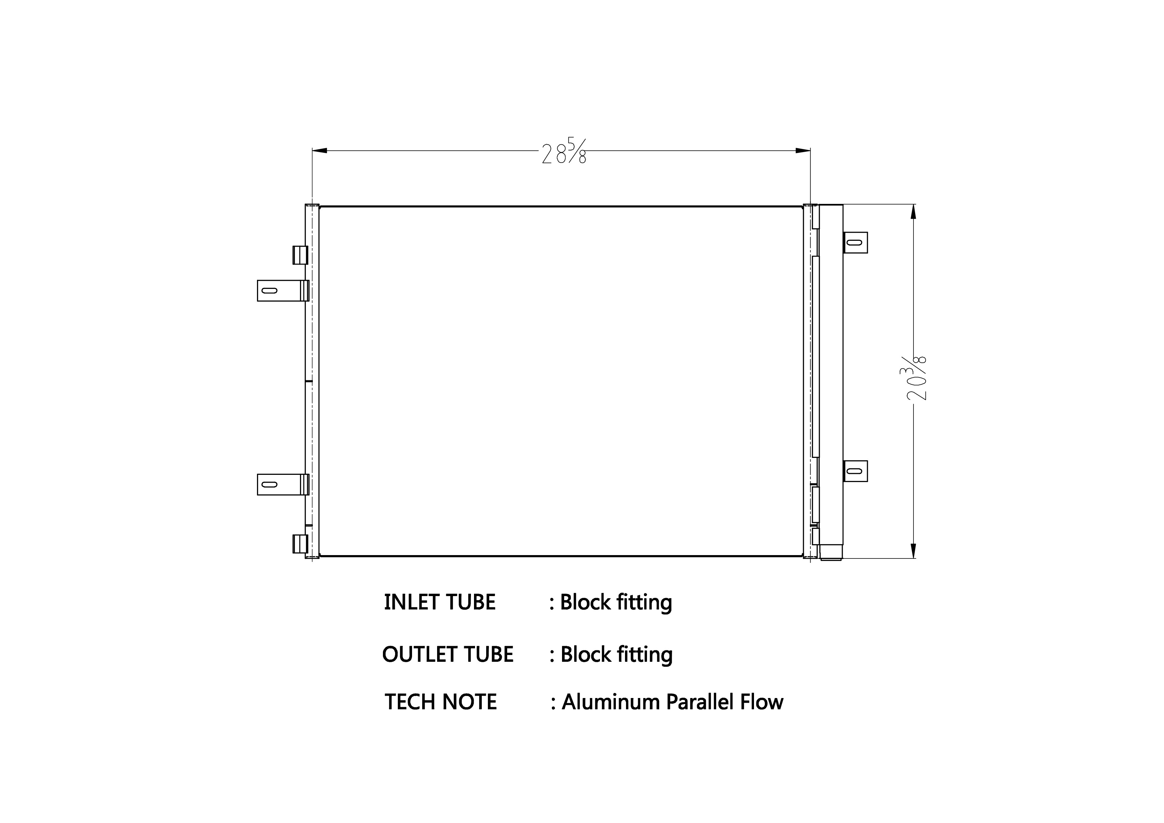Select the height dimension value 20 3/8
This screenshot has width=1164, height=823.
915,378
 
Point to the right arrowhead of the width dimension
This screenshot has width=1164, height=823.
803,151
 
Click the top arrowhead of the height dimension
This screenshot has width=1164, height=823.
913,212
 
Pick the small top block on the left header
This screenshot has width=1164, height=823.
300,255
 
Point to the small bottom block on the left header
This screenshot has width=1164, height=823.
300,544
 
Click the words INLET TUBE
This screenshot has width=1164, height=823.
439,603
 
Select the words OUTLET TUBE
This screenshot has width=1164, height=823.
448,655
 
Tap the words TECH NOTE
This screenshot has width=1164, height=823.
440,702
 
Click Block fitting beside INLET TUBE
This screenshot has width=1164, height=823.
616,603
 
